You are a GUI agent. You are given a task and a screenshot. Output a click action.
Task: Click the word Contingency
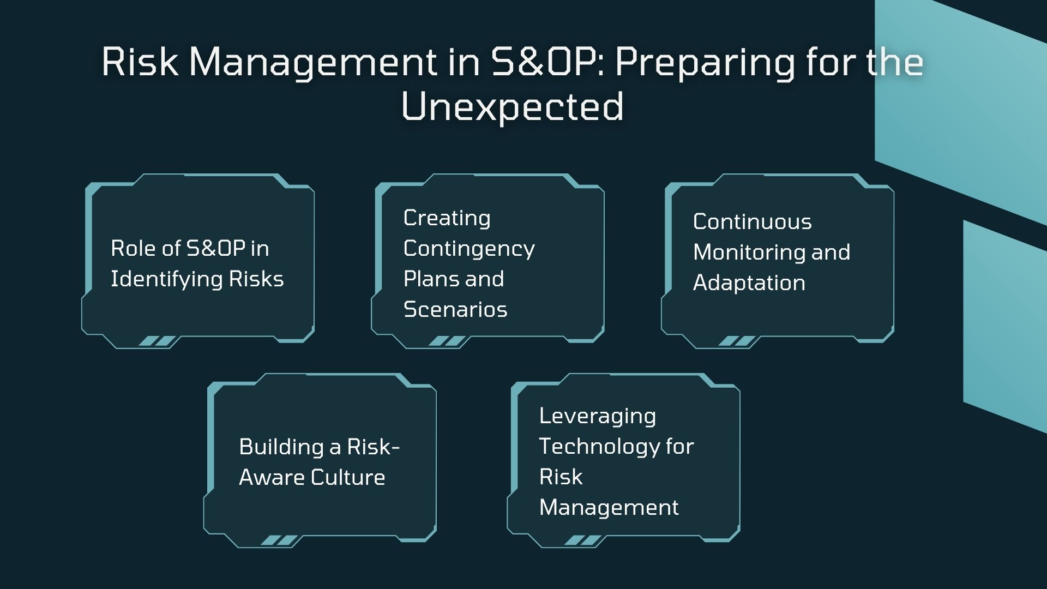click(469, 249)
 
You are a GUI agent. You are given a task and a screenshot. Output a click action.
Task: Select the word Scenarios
click(455, 309)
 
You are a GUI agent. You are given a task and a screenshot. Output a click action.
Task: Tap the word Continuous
click(753, 221)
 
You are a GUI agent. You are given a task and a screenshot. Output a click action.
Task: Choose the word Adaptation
click(749, 283)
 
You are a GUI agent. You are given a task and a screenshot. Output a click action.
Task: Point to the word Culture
click(348, 478)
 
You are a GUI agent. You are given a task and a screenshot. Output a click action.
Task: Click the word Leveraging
click(598, 417)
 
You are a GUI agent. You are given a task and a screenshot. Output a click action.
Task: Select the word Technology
click(599, 447)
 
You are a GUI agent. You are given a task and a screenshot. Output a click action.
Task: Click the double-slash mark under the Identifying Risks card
click(158, 341)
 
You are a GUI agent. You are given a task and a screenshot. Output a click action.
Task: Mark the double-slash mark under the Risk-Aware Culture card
click(280, 540)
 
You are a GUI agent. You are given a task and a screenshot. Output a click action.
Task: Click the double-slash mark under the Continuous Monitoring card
click(737, 341)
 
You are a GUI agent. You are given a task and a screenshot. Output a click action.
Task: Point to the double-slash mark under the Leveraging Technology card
click(583, 540)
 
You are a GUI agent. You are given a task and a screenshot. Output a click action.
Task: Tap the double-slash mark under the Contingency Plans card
click(447, 341)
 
